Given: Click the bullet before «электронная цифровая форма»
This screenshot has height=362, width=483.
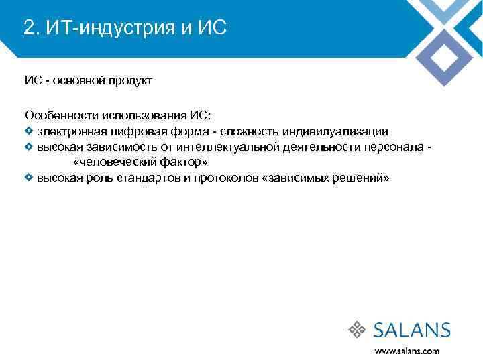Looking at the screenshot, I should point(29,131).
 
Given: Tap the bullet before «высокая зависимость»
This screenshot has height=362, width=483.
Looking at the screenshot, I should point(29,146).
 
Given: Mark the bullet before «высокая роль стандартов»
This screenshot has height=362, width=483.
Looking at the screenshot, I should point(29,178).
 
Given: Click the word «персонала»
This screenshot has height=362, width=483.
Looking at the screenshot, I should point(393,147).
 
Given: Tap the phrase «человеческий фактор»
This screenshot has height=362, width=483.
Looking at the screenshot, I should point(140,162).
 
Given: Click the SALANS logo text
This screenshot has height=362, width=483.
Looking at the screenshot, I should point(411,330).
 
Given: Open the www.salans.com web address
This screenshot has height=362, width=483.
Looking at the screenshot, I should point(407,351).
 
